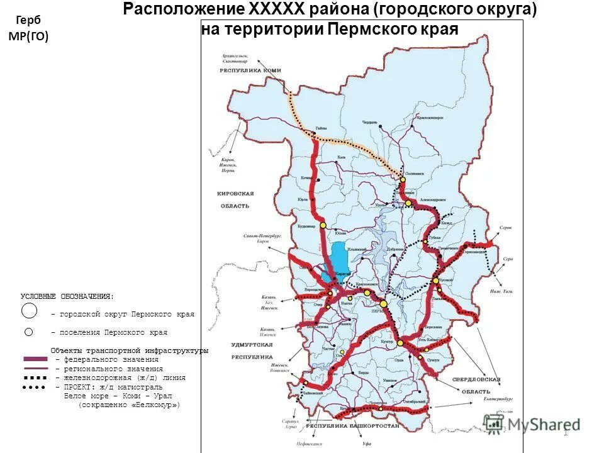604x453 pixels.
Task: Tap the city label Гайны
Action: (321, 128)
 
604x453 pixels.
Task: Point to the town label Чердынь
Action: (369, 123)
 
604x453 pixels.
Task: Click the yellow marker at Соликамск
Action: (403, 179)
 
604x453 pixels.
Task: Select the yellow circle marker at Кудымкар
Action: (323, 225)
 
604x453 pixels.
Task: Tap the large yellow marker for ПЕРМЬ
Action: (383, 304)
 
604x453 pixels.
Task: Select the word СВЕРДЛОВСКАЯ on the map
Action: (476, 380)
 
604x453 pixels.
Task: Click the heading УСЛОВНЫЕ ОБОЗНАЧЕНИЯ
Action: (67, 296)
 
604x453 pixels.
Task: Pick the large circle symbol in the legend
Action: (30, 311)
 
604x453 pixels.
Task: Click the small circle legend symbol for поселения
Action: (28, 332)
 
